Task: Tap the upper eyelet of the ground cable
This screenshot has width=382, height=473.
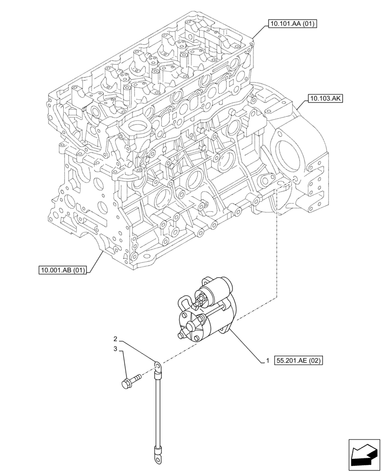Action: (x=156, y=366)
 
